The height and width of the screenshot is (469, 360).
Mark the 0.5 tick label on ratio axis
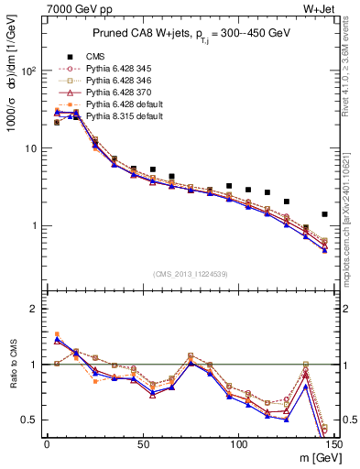(30, 420)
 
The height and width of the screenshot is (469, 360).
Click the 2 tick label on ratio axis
(35, 309)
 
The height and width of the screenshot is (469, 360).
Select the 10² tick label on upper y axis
(27, 71)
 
